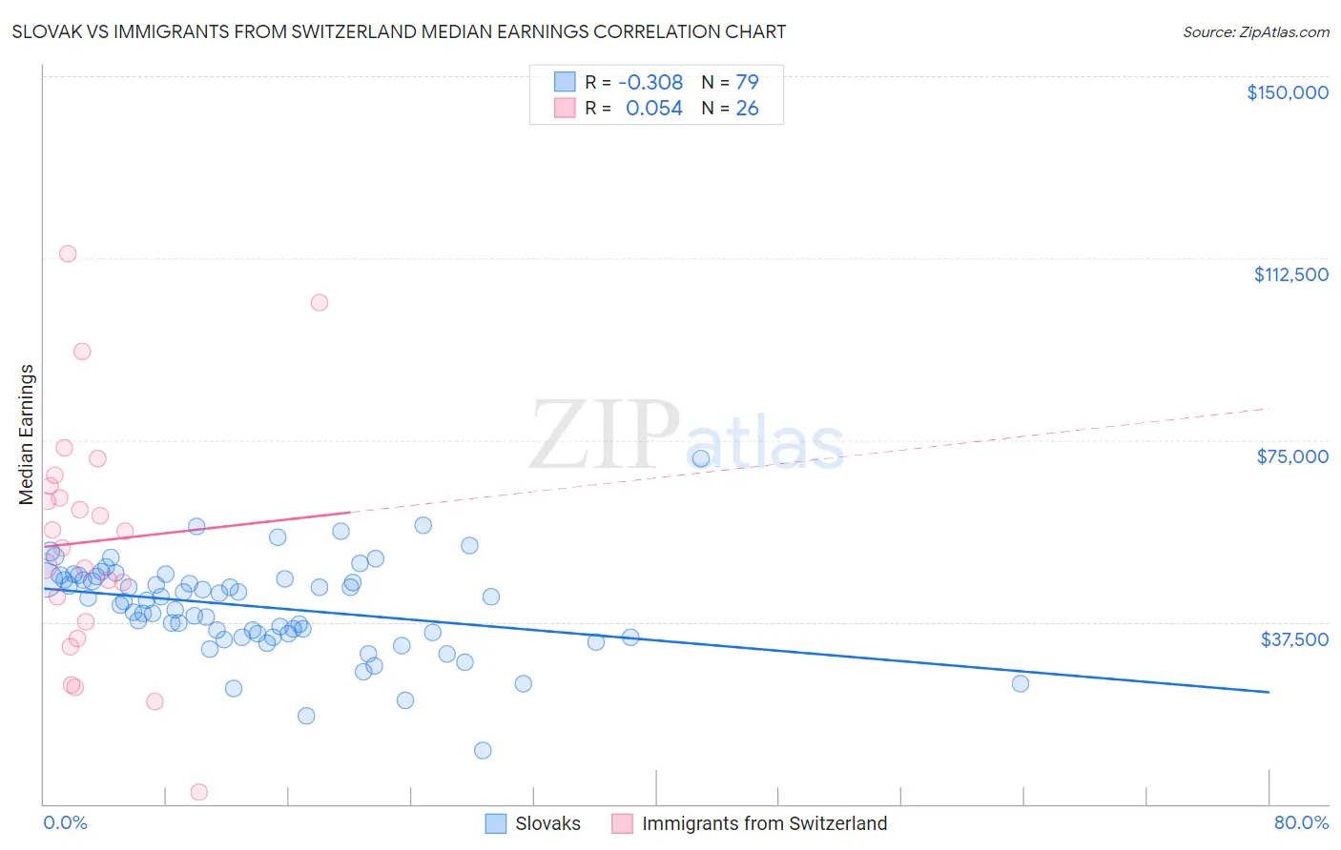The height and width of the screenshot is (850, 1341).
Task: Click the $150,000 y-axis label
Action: [x=1287, y=92]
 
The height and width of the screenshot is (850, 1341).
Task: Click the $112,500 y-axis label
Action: [x=1290, y=274]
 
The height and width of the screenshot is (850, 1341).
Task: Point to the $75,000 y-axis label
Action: [x=1292, y=456]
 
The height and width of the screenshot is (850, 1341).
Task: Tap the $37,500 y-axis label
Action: [x=1294, y=639]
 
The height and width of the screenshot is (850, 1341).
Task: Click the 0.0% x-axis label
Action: [x=65, y=822]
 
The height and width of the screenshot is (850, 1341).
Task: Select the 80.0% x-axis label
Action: [x=1301, y=822]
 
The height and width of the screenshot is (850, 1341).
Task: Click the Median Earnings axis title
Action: [x=27, y=435]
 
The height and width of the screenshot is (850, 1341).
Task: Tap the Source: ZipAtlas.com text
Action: [x=1255, y=32]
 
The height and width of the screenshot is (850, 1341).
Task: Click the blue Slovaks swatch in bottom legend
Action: [x=496, y=823]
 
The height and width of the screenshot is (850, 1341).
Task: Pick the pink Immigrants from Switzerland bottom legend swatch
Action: [x=623, y=823]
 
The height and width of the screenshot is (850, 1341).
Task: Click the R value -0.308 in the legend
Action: [x=650, y=82]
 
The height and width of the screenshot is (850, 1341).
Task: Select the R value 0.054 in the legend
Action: [x=653, y=109]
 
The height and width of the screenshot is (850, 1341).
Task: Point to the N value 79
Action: [x=747, y=82]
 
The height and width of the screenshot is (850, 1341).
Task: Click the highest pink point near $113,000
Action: [x=68, y=253]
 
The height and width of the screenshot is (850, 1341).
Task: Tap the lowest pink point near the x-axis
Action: [x=199, y=792]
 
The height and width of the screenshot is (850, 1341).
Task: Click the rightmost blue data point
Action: [x=1021, y=683]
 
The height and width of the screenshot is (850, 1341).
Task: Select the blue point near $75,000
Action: [x=701, y=458]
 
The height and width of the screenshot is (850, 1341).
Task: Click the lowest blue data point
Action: [x=483, y=750]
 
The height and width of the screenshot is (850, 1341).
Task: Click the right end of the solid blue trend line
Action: [x=1269, y=692]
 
